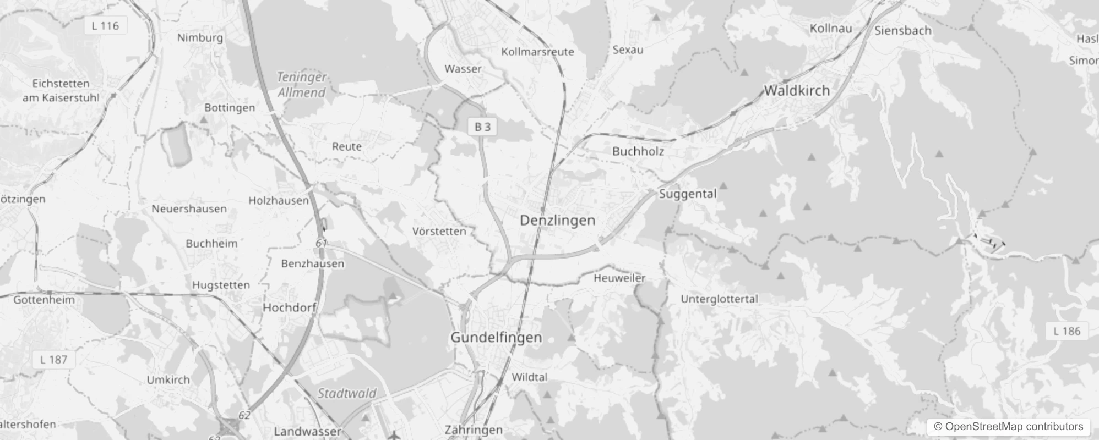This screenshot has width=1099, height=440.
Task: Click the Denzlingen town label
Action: tap(557, 221)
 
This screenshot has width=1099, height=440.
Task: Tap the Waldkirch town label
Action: tap(796, 91)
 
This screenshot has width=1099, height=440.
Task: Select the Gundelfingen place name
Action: tap(496, 337)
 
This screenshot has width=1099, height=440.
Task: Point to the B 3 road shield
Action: tap(482, 127)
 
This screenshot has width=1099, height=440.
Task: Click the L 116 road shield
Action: tap(105, 26)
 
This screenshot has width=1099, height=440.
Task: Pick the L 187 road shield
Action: tap(53, 360)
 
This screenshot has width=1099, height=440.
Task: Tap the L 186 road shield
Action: tap(1067, 331)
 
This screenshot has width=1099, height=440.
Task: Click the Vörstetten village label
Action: tap(439, 232)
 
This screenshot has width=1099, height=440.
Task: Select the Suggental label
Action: tap(688, 194)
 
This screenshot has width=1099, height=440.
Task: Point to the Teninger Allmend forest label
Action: tap(301, 85)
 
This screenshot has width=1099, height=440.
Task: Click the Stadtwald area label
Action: tap(347, 393)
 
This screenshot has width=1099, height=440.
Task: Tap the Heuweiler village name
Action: tap(619, 278)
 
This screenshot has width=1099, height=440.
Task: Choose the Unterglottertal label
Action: tap(719, 299)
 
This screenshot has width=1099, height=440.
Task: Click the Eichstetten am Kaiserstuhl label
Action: tap(61, 91)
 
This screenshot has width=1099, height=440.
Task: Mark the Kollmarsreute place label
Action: tap(537, 52)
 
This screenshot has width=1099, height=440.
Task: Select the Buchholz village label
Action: tap(638, 151)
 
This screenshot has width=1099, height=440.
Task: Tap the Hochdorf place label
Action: tap(289, 307)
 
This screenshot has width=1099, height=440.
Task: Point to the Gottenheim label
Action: tap(43, 300)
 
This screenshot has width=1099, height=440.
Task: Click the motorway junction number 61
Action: tap(322, 243)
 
